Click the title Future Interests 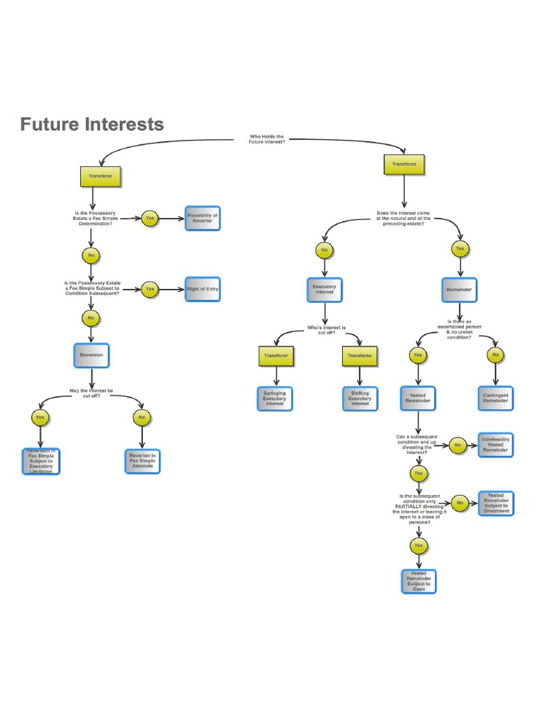[x=92, y=125]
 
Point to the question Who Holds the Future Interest [x=266, y=139]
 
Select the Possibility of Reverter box [x=203, y=219]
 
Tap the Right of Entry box [x=203, y=289]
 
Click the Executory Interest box [x=324, y=289]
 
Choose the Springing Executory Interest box [x=274, y=398]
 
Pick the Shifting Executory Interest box [x=359, y=399]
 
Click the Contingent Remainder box [x=495, y=398]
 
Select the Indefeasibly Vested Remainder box [x=495, y=445]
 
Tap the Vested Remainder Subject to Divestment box [x=495, y=503]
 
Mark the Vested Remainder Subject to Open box [x=418, y=581]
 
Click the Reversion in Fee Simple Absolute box [x=142, y=461]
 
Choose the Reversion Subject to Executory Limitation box [x=40, y=461]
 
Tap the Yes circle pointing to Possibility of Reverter [x=150, y=219]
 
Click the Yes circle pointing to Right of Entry [x=150, y=289]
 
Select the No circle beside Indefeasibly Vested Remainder [x=458, y=446]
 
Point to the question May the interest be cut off [x=91, y=393]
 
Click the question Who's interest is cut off [x=326, y=329]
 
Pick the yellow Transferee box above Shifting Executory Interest [x=359, y=356]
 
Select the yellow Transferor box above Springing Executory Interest [x=276, y=356]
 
